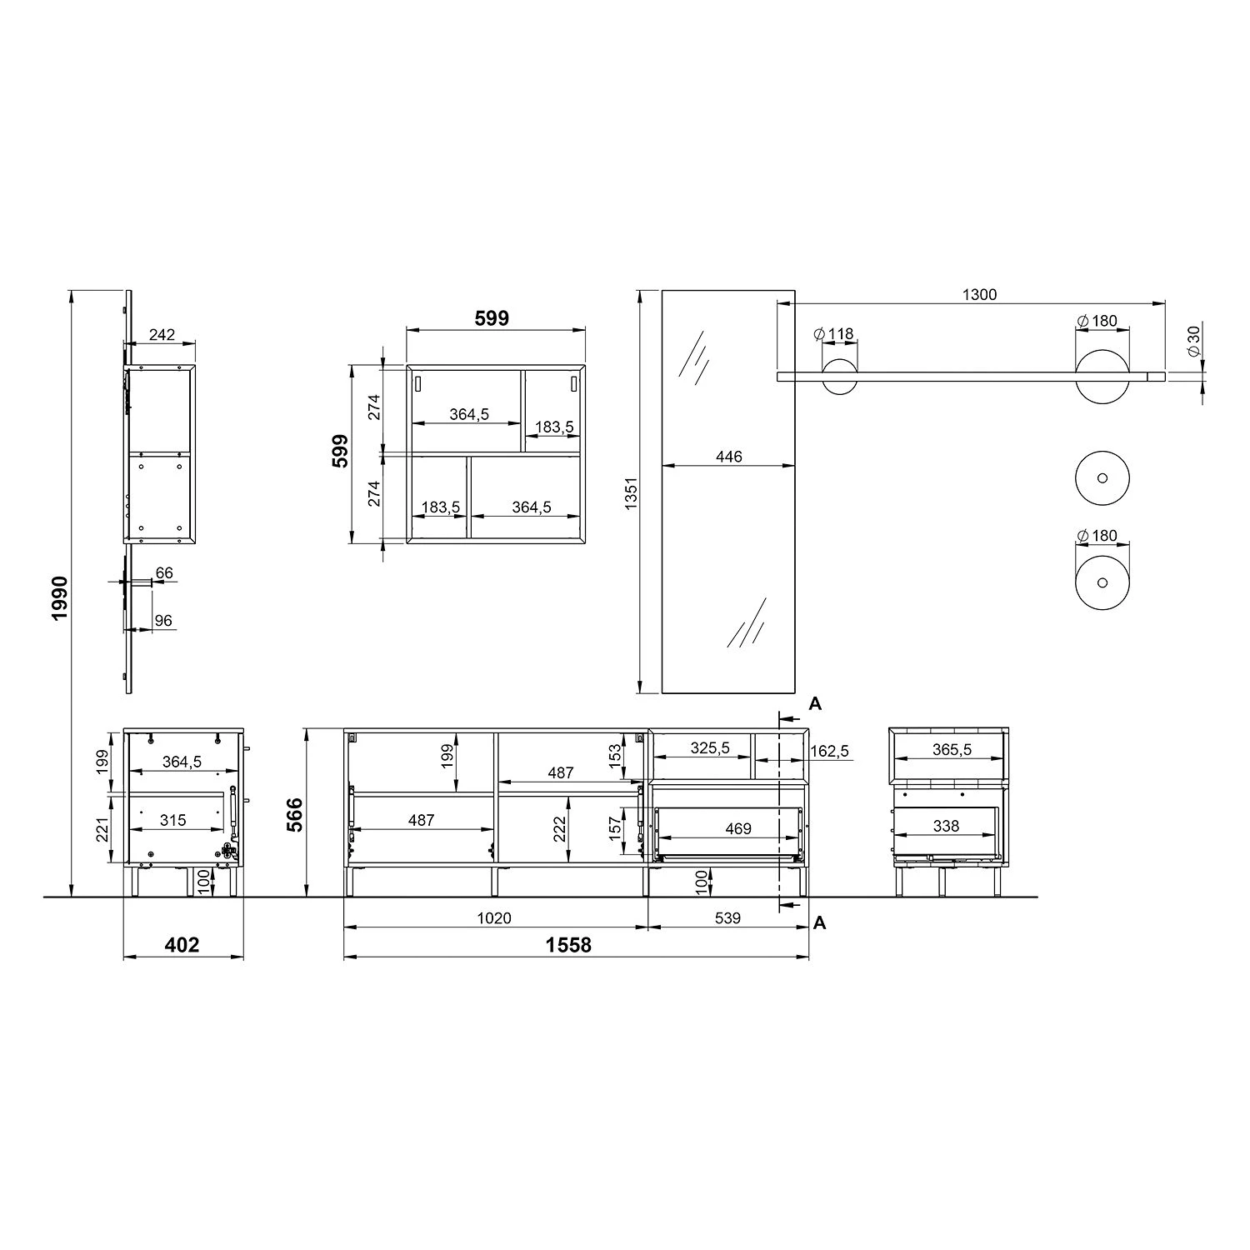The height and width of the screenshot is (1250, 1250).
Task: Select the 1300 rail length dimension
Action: point(979,294)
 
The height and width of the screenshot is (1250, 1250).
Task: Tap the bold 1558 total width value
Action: point(568,944)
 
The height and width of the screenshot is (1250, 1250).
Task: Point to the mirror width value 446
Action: point(728,457)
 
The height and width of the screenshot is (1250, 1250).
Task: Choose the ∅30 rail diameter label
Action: point(1194,341)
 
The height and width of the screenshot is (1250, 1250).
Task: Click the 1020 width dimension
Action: point(494,918)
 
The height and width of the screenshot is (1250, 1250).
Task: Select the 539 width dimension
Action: point(727,918)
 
